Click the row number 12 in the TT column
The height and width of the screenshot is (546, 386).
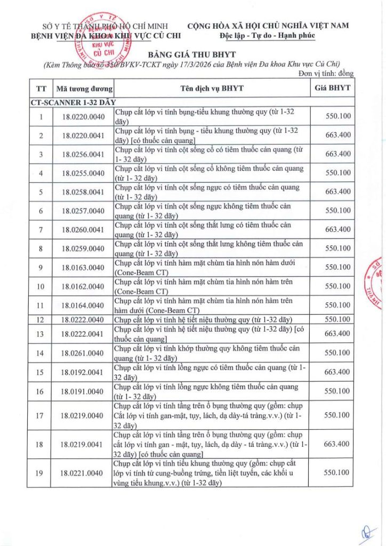[41, 319]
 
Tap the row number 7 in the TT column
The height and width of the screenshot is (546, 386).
[41, 229]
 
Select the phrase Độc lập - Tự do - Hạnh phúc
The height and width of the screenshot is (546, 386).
[267, 36]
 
